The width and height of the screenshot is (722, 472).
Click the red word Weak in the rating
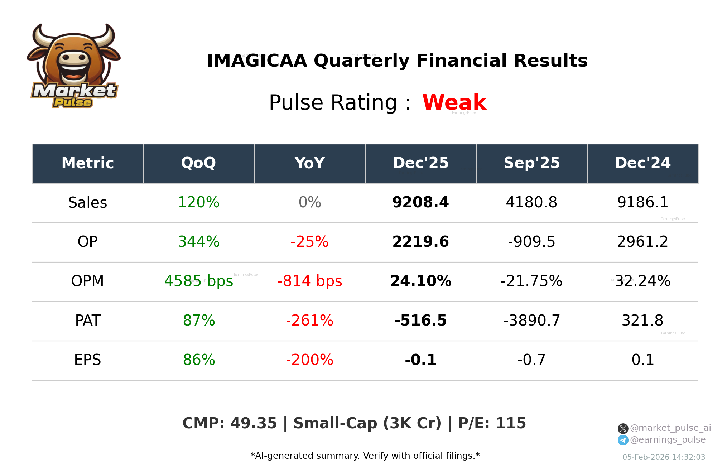pos(454,102)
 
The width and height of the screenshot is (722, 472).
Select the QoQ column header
pos(198,163)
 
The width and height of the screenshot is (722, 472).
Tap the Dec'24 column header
pos(642,163)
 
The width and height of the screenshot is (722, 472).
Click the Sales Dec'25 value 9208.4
pos(420,202)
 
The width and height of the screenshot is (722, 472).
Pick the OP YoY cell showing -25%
pos(309,242)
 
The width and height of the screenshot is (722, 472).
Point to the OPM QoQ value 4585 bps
pos(198,281)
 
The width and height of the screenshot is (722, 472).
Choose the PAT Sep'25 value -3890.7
pos(531,321)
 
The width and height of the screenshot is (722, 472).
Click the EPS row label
pos(87,360)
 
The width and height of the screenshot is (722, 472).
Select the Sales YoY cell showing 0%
pos(309,202)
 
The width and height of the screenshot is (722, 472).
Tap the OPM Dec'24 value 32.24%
pos(642,281)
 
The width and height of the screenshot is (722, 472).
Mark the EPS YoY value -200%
pos(309,360)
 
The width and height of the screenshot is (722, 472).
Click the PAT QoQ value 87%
pos(198,321)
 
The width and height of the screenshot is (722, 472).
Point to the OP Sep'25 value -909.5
pos(531,242)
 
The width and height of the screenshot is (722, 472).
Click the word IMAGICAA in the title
pos(257,61)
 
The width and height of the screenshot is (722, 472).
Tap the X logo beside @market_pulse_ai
pos(623,428)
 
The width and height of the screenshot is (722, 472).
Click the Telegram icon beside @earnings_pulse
pos(623,440)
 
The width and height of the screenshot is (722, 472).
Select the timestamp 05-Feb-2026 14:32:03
pos(663,457)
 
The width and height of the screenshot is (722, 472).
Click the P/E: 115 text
pos(492,423)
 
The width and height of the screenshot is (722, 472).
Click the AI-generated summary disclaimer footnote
pos(365,456)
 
